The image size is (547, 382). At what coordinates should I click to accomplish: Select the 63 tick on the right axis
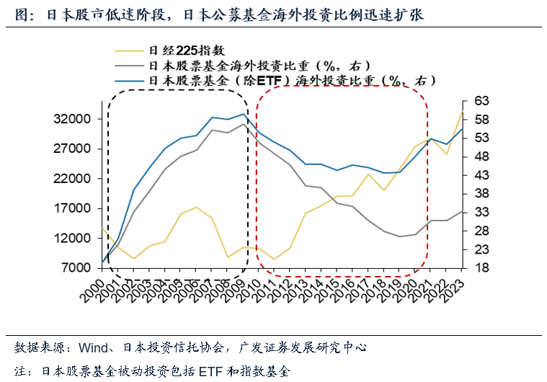[480, 101]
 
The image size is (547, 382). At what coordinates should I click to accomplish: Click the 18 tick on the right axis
[480, 268]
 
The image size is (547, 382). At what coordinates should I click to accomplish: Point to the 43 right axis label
[480, 175]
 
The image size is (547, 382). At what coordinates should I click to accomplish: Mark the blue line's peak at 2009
[244, 114]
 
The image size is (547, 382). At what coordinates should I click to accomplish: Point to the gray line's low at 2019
[400, 236]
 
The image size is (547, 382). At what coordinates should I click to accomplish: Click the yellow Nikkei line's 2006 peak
[196, 207]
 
